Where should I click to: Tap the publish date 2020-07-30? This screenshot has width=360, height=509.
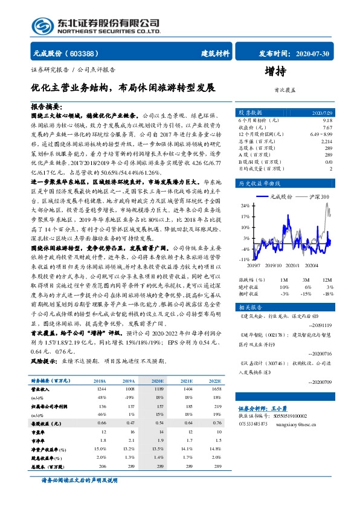[309, 53]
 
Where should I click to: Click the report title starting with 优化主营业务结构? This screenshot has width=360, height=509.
[123, 87]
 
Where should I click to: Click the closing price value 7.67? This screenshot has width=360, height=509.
[327, 128]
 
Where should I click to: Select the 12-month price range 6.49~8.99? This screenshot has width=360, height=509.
[320, 134]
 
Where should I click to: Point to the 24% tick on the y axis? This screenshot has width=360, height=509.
[245, 206]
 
